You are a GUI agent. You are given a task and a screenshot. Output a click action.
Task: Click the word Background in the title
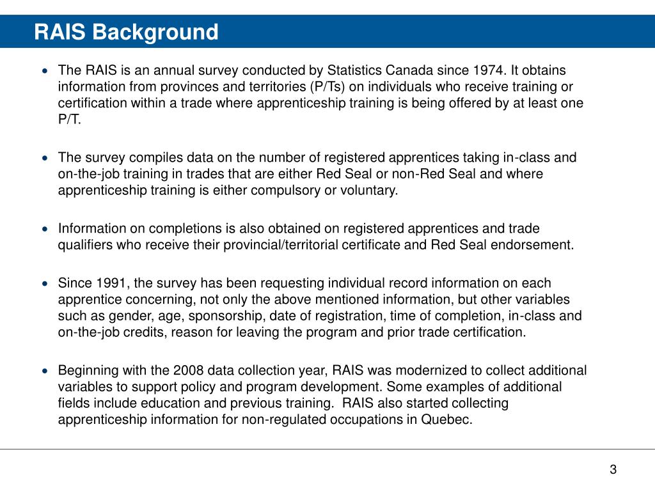point(155,32)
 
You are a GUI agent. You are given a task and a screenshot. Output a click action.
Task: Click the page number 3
point(613,470)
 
